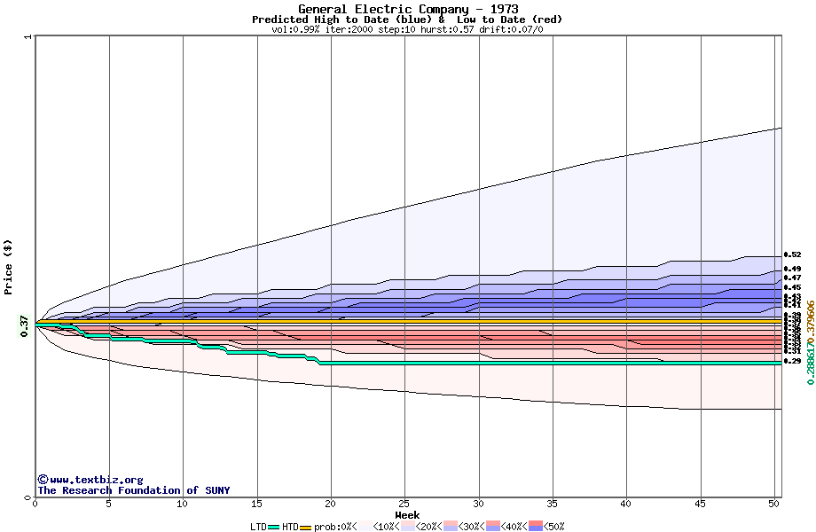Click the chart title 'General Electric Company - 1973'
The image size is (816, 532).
(x=409, y=9)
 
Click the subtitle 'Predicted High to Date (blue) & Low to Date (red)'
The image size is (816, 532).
(x=407, y=20)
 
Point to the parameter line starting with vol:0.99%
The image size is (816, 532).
(x=407, y=29)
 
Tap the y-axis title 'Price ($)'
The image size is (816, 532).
(x=9, y=267)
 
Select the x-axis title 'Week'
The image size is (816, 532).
(x=407, y=515)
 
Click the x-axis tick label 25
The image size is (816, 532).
(x=404, y=504)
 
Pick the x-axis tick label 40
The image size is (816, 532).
(x=626, y=504)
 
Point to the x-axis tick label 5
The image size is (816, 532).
(x=109, y=504)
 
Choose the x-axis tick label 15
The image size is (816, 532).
(x=256, y=504)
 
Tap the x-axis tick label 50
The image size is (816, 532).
(x=774, y=504)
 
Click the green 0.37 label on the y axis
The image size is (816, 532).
(x=25, y=326)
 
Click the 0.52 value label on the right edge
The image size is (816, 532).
(x=793, y=254)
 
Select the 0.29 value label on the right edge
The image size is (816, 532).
(x=793, y=362)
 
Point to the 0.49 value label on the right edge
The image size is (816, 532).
(x=793, y=269)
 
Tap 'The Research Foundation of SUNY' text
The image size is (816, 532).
(x=133, y=490)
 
